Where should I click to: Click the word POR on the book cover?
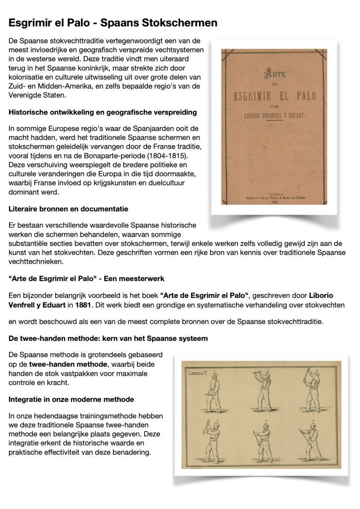tap(274, 106)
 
